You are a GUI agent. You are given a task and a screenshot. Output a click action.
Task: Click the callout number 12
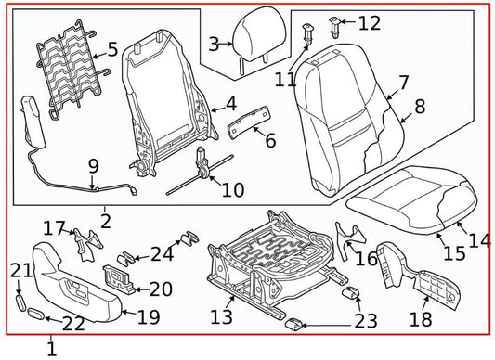pyautogui.click(x=369, y=23)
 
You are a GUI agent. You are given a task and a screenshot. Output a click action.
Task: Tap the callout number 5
pyautogui.click(x=112, y=49)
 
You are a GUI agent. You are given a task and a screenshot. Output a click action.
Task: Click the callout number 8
pyautogui.click(x=420, y=107)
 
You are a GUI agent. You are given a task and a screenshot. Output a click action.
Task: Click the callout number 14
pyautogui.click(x=479, y=240)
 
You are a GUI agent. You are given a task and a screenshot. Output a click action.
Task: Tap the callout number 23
pyautogui.click(x=366, y=321)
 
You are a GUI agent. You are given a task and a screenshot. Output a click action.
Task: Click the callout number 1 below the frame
pyautogui.click(x=51, y=350)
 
